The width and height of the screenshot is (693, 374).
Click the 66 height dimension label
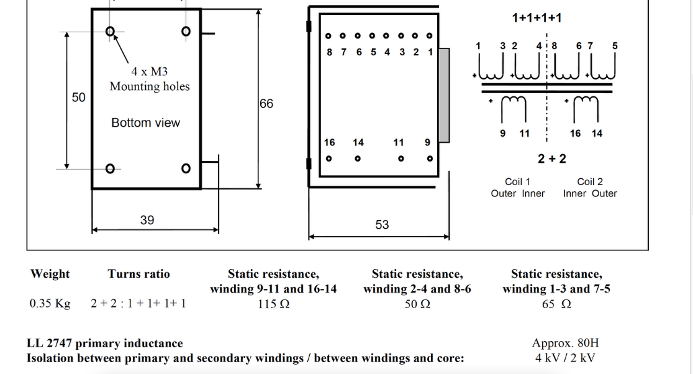[266, 104]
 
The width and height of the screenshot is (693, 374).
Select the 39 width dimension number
[147, 220]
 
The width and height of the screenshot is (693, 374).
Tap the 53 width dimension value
[382, 224]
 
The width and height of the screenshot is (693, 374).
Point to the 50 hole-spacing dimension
[79, 98]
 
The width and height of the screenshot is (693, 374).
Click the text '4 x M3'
[149, 72]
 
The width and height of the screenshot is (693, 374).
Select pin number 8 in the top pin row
[330, 52]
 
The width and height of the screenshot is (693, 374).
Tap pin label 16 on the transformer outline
[330, 143]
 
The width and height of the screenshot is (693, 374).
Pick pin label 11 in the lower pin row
[399, 143]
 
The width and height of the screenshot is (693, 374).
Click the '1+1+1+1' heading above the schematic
[537, 18]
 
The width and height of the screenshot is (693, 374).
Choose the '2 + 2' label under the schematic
[552, 158]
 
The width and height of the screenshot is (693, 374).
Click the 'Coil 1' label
[517, 182]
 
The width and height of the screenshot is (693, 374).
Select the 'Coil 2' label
[590, 182]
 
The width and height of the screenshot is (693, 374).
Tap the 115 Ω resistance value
[273, 304]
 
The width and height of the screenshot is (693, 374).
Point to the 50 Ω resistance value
[417, 304]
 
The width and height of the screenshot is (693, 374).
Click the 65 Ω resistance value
[556, 304]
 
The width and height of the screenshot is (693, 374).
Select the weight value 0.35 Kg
[50, 304]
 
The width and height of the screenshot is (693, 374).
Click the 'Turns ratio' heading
[138, 274]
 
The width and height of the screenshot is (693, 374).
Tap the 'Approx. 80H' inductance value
[565, 343]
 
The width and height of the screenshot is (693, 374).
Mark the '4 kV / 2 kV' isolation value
[564, 358]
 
